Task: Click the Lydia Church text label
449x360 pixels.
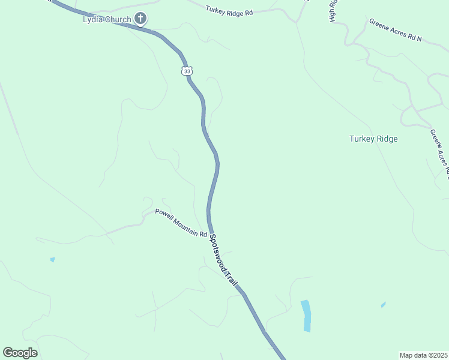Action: tap(107, 19)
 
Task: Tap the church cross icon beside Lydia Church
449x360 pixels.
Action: tap(140, 19)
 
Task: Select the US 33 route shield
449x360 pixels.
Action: tap(187, 71)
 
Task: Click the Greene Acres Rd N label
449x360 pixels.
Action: tap(396, 30)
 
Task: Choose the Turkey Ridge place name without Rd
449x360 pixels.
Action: tap(373, 139)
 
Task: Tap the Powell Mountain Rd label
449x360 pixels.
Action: tap(181, 222)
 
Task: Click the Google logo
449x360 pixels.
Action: tap(20, 353)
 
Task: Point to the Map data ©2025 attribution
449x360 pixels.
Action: tap(423, 355)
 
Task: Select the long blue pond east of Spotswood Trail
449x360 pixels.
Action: tap(306, 315)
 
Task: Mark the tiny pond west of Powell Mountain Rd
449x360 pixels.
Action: tap(52, 260)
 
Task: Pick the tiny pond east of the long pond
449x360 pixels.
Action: tap(383, 305)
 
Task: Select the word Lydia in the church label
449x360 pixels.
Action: tap(92, 19)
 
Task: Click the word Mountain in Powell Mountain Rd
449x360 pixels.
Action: tap(185, 224)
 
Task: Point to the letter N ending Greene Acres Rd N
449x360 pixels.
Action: tap(419, 39)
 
